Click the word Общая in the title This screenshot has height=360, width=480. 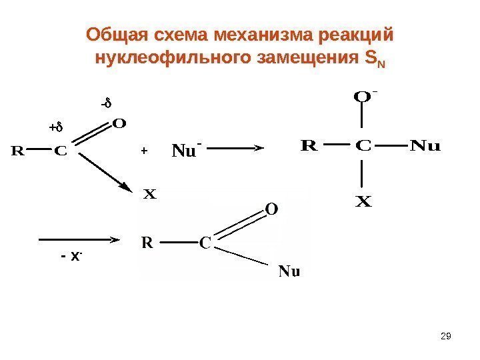point(111,33)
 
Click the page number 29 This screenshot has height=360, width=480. point(447,336)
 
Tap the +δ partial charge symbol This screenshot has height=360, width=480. point(54,127)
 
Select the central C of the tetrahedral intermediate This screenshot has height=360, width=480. point(362,145)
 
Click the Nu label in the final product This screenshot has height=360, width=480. point(289,271)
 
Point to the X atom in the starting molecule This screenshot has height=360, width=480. point(149,196)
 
